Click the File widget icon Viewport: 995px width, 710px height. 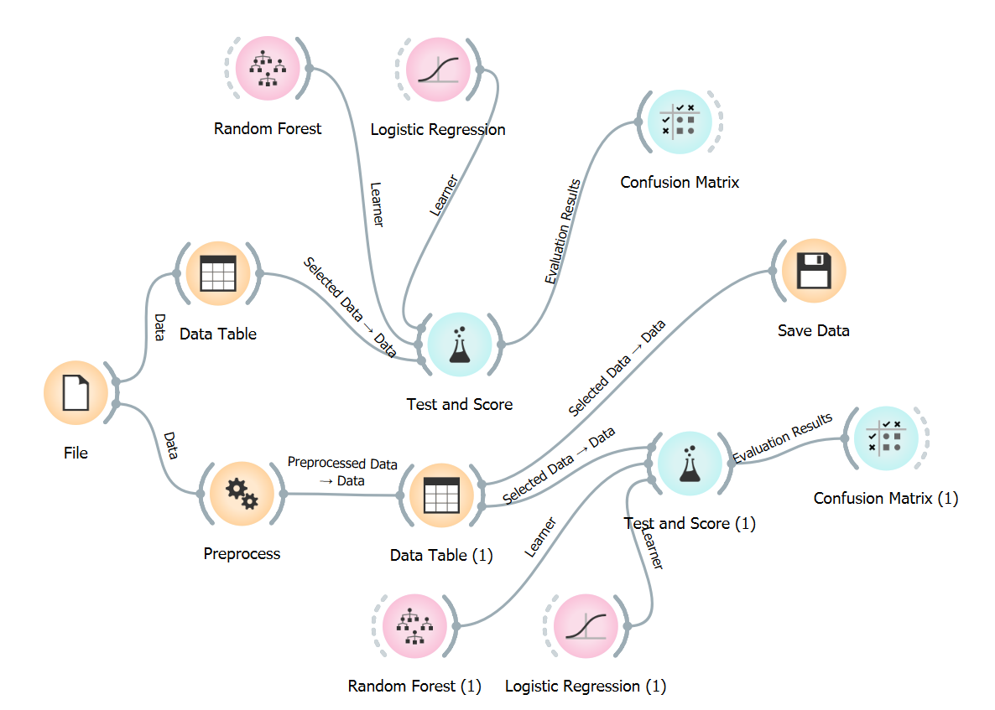point(76,393)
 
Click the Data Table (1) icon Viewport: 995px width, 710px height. point(441,495)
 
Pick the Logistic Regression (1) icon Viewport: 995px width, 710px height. point(586,625)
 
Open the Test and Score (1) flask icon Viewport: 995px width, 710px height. point(689,462)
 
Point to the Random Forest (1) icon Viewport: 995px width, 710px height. point(414,625)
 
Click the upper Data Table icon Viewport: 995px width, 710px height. point(218,273)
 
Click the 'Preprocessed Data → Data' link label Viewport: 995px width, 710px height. point(342,472)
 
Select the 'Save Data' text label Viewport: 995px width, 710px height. point(813,331)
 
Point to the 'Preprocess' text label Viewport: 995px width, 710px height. point(242,554)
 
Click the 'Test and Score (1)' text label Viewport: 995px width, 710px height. point(690,524)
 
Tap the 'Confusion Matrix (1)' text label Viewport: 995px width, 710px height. point(885,499)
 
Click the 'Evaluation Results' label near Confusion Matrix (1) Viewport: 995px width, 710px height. point(783,438)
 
